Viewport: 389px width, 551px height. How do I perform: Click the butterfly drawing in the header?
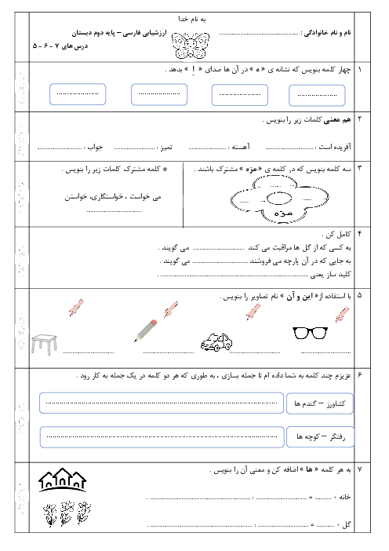pyautogui.click(x=191, y=45)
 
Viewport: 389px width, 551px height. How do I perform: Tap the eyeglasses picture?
pyautogui.click(x=310, y=333)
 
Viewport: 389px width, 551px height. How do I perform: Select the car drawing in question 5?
pyautogui.click(x=216, y=342)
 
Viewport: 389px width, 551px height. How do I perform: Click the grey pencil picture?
pyautogui.click(x=145, y=330)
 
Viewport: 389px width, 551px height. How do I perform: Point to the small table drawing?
pyautogui.click(x=44, y=344)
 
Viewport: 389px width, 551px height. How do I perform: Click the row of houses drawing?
pyautogui.click(x=63, y=480)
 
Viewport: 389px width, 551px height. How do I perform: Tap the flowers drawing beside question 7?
pyautogui.click(x=67, y=513)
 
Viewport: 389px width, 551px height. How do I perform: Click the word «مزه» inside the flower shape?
pyautogui.click(x=283, y=213)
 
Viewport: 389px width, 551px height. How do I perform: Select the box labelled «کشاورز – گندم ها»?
pyautogui.click(x=319, y=403)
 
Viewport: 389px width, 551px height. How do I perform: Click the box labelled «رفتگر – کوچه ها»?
pyautogui.click(x=320, y=436)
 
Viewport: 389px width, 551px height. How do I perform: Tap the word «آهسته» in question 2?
pyautogui.click(x=241, y=147)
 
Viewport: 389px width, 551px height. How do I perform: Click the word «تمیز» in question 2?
pyautogui.click(x=166, y=148)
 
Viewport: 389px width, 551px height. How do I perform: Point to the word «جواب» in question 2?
pyautogui.click(x=95, y=148)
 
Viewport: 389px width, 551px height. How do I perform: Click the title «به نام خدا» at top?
pyautogui.click(x=191, y=19)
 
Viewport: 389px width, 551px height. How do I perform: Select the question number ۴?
pyautogui.click(x=359, y=234)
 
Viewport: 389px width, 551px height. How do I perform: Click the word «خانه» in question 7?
pyautogui.click(x=344, y=497)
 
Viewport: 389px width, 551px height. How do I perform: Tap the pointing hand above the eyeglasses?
pyautogui.click(x=342, y=314)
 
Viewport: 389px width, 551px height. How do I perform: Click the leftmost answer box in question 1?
pyautogui.click(x=78, y=94)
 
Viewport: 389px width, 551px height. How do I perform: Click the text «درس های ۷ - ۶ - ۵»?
pyautogui.click(x=60, y=46)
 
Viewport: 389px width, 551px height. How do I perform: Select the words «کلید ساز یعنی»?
pyautogui.click(x=331, y=275)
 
